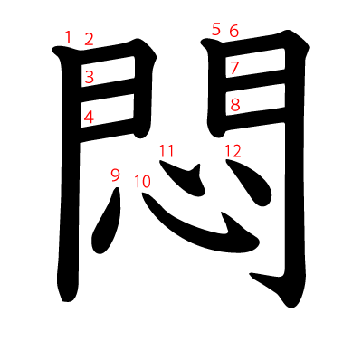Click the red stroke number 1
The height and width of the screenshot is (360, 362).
coord(68,37)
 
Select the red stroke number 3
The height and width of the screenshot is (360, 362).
coord(89,77)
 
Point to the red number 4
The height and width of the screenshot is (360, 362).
coord(89,117)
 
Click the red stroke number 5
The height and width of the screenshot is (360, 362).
coord(215,29)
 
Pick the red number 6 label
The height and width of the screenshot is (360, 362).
coord(233,31)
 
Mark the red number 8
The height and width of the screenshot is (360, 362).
coord(234,105)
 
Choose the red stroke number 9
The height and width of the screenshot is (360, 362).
coord(115,175)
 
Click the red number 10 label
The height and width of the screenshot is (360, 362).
coord(142,181)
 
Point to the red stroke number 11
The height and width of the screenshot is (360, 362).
coord(167,150)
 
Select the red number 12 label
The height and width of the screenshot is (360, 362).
coord(233,150)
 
